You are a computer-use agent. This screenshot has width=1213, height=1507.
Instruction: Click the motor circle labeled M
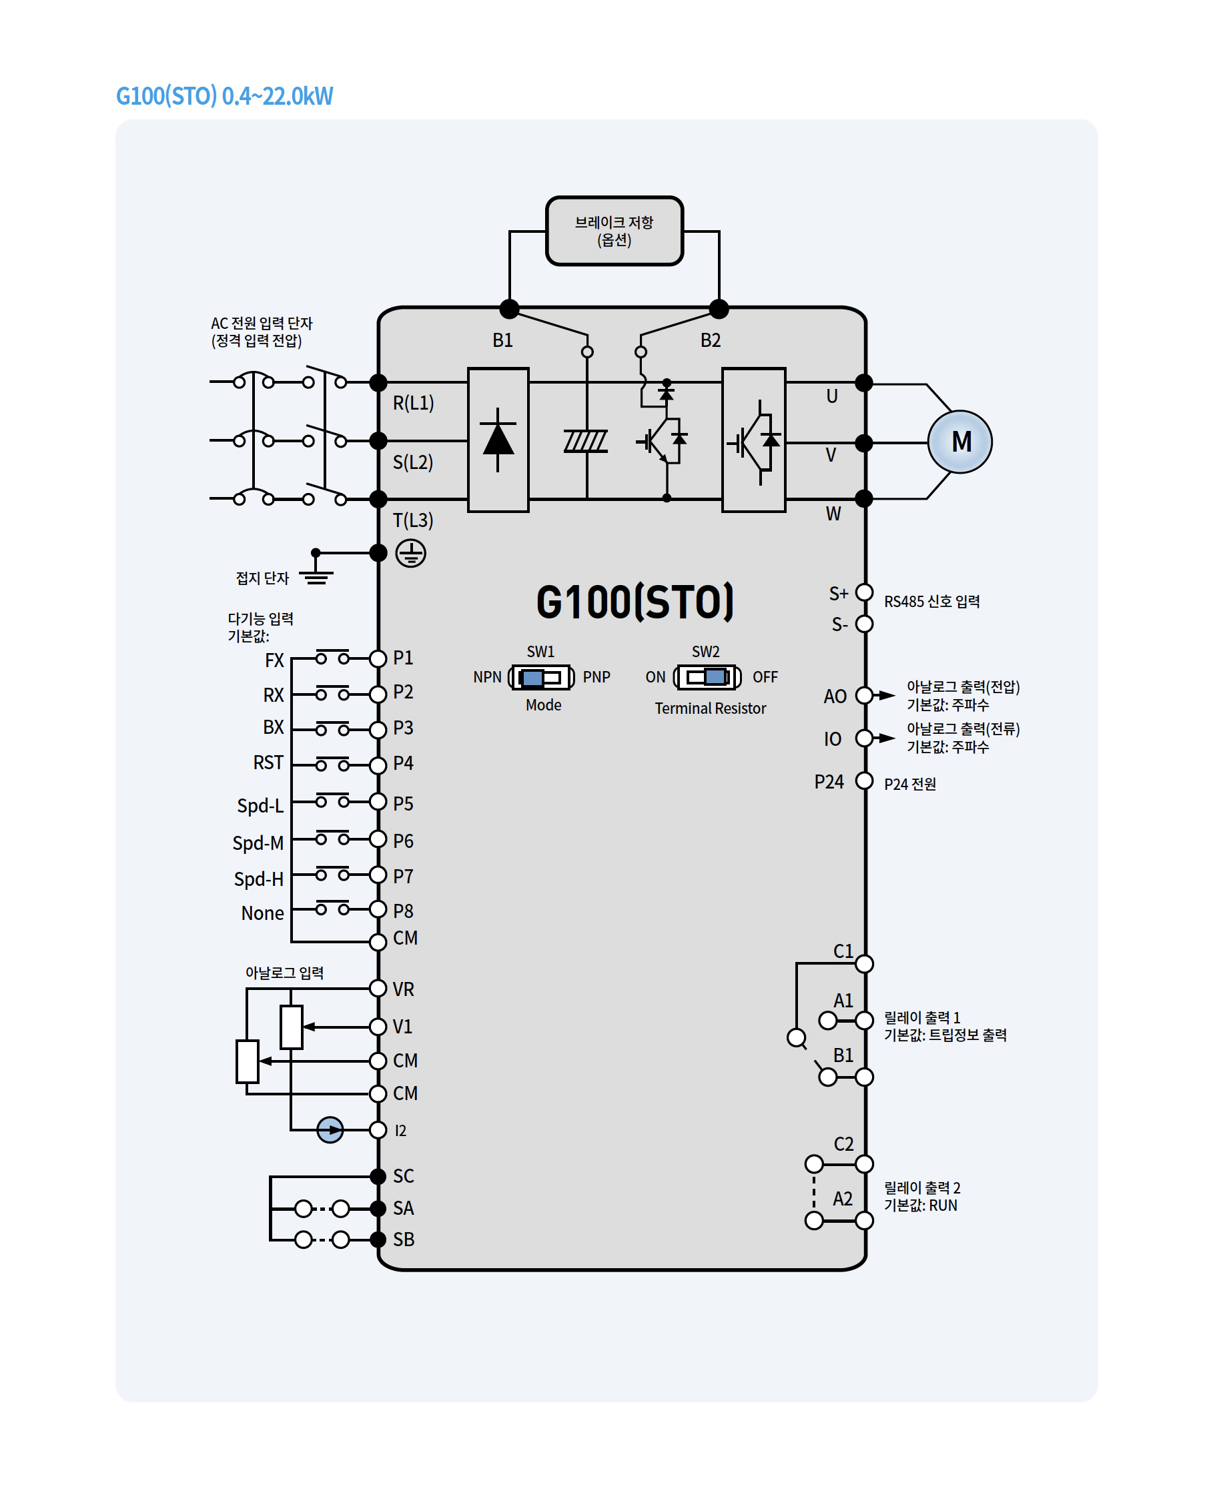tap(959, 442)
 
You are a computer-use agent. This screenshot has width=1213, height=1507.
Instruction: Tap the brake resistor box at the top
tap(614, 231)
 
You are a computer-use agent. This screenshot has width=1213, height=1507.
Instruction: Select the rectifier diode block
tap(498, 440)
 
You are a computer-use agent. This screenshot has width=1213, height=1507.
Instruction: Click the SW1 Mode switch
tap(541, 676)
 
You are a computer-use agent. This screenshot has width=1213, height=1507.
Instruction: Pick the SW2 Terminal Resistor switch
tap(706, 676)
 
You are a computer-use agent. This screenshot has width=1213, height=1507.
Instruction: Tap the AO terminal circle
tap(864, 696)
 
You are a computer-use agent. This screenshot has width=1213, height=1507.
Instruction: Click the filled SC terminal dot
tap(378, 1176)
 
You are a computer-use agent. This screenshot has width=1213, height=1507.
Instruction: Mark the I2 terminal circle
tap(378, 1129)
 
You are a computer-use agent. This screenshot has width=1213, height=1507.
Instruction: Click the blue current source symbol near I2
tap(330, 1129)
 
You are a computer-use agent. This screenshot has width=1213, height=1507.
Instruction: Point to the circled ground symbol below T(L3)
tap(410, 553)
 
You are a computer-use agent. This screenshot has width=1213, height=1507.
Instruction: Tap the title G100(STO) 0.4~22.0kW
tap(224, 96)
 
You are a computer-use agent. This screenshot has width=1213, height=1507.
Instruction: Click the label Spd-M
tap(258, 843)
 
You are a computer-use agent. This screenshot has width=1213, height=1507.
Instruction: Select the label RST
tap(268, 763)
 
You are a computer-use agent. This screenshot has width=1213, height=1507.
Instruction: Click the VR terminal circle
tap(378, 988)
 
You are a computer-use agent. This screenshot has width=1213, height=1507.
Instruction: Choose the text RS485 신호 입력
tap(931, 601)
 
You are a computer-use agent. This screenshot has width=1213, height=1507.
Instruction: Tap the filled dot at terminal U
tap(864, 382)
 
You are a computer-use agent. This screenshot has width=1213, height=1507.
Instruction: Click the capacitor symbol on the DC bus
tap(586, 441)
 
